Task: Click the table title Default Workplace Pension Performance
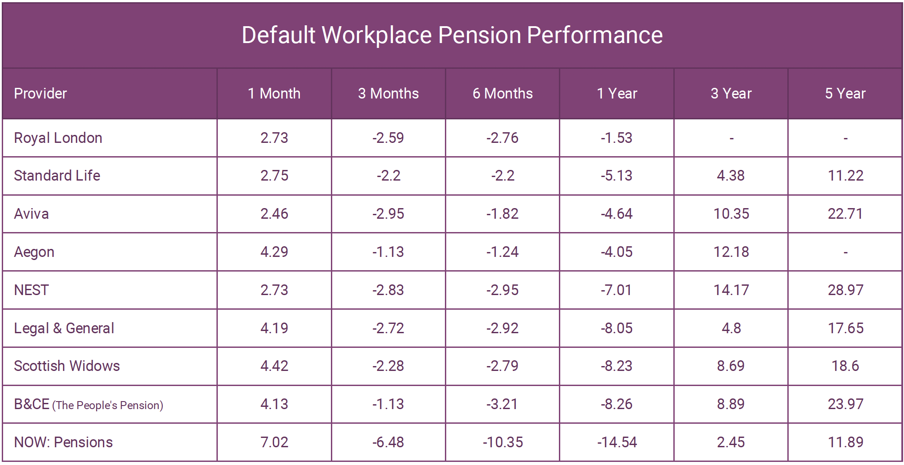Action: tap(452, 35)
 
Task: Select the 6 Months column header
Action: tap(502, 94)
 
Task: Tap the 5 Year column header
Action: tap(845, 94)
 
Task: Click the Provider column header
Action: tap(40, 94)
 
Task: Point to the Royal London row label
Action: tap(58, 138)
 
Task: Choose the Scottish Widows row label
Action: tap(67, 366)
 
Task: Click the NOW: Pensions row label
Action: tap(63, 442)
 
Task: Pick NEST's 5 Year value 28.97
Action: tap(845, 290)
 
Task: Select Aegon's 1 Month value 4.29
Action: tap(274, 252)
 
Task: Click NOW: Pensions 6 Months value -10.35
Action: tap(503, 442)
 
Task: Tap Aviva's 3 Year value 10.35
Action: tap(731, 214)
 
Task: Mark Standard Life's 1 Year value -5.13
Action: tap(617, 176)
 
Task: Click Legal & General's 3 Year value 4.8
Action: tap(731, 328)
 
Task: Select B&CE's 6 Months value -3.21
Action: tap(502, 404)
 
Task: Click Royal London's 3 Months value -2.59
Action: tap(388, 138)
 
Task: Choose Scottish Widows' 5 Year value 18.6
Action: tap(845, 366)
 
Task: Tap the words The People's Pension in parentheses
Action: tap(108, 406)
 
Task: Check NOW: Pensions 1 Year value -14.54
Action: tap(617, 442)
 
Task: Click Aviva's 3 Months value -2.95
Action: tap(388, 214)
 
